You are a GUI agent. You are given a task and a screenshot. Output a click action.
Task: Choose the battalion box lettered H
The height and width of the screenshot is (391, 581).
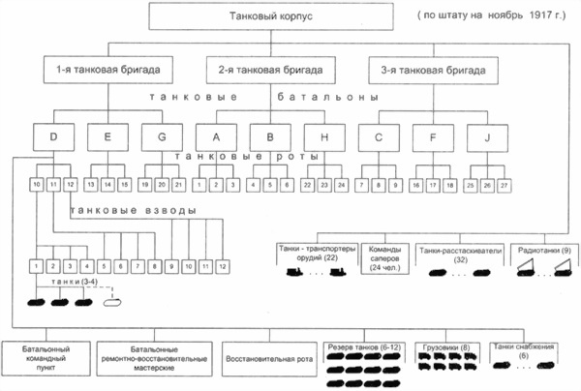320,136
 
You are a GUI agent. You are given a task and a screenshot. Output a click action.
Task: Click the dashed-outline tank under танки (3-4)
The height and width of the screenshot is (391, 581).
112,300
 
